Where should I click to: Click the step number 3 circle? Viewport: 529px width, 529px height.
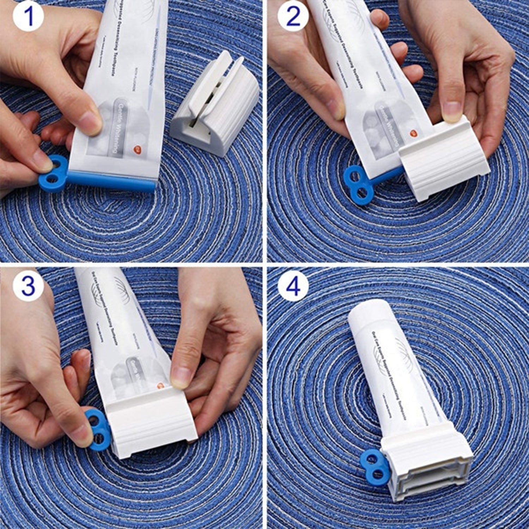[28, 285]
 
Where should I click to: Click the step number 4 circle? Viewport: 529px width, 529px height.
[293, 285]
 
